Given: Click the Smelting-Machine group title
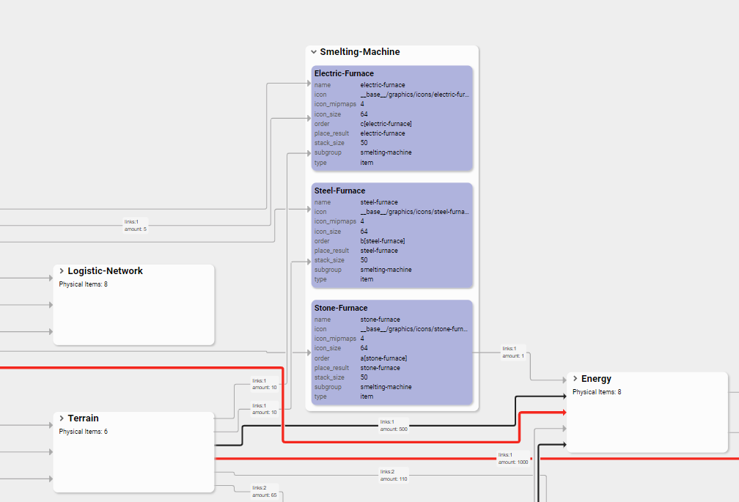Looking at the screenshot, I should click(360, 52).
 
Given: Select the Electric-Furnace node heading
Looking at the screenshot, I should click(344, 73).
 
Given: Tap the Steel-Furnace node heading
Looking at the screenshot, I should click(339, 191).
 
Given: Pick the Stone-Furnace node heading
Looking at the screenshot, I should click(341, 308).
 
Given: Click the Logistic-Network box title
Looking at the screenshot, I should click(105, 271).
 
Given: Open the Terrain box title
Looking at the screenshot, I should click(83, 418).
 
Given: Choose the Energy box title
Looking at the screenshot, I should click(596, 379).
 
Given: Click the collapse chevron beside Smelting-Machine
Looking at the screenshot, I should click(314, 52).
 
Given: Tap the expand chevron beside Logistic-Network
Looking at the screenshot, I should click(62, 271).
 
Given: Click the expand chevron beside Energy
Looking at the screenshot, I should click(575, 379).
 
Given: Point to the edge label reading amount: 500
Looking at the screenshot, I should click(394, 429).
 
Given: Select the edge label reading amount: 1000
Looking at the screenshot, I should click(514, 462).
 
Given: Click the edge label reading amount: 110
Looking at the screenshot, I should click(394, 479).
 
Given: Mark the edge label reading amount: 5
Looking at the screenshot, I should click(136, 229).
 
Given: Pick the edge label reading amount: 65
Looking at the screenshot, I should click(265, 495).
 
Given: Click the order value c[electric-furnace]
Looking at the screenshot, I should click(386, 124).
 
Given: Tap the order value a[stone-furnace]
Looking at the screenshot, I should click(383, 358).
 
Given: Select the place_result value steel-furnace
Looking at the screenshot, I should click(379, 251).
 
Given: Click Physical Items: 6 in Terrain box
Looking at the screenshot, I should click(83, 432).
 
